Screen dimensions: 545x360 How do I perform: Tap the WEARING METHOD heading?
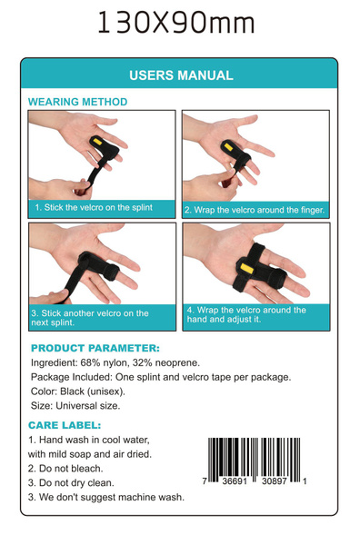77,103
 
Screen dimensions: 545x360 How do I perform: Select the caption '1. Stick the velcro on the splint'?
93,208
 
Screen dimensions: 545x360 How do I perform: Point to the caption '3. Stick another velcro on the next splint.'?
91,318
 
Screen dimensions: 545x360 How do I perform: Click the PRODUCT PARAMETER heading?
95,348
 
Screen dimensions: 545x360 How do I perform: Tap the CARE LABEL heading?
65,425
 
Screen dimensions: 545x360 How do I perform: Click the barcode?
255,462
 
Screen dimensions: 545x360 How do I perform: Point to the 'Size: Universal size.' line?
75,406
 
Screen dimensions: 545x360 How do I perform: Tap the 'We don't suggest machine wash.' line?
105,498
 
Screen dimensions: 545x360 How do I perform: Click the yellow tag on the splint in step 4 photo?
245,268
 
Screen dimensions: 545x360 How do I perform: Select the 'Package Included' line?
161,377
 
